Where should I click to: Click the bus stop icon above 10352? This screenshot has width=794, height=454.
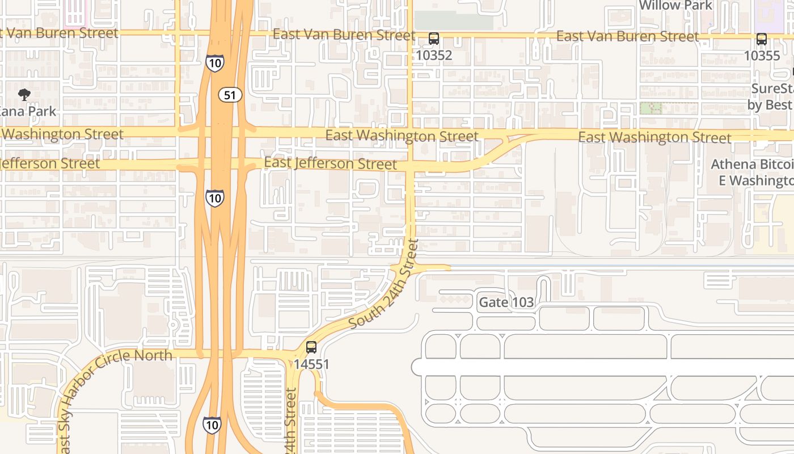(x=434, y=39)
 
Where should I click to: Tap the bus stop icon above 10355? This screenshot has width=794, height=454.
(x=762, y=39)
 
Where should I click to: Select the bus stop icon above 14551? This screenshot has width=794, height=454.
(x=311, y=347)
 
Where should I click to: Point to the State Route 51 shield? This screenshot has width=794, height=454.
(x=230, y=95)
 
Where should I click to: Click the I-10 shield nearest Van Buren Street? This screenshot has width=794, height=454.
(x=214, y=63)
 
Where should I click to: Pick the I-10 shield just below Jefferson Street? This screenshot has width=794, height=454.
(x=214, y=197)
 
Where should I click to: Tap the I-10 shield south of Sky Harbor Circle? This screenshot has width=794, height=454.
(x=212, y=424)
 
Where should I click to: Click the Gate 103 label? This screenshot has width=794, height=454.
(x=506, y=302)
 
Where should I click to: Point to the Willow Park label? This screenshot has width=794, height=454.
(x=675, y=5)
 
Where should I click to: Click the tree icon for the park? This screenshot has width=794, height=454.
(x=24, y=95)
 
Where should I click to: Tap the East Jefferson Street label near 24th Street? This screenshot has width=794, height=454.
(x=331, y=163)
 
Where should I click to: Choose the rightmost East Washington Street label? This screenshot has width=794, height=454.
(x=654, y=137)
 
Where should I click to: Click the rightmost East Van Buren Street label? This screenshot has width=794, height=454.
(x=628, y=36)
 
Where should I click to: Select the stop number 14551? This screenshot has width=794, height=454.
(x=311, y=364)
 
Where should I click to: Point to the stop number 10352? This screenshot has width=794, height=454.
(x=434, y=55)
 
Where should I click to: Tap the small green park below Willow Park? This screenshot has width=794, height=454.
(x=651, y=108)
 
